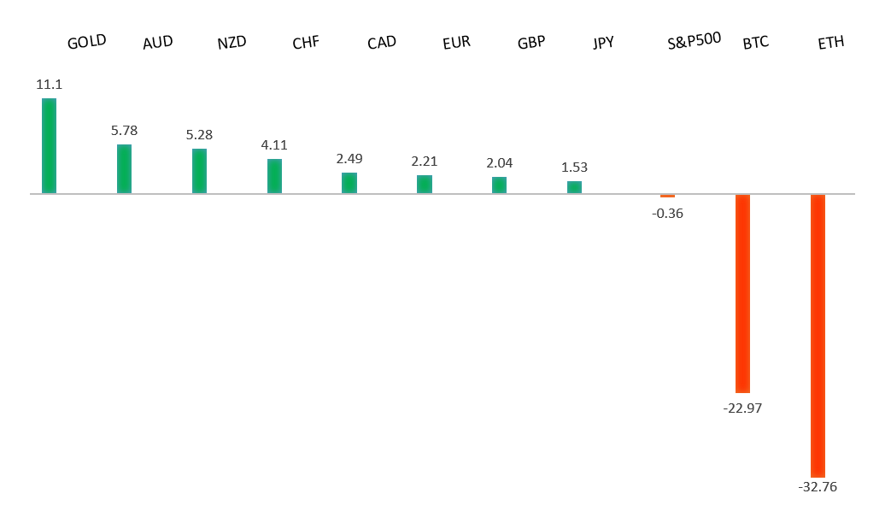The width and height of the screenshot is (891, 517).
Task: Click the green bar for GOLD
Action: coord(49,146)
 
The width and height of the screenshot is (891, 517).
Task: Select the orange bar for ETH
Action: coord(818,335)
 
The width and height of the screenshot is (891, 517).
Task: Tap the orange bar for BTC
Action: coord(742,293)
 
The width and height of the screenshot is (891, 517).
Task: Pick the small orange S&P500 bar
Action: coord(667,196)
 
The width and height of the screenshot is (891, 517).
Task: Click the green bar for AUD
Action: coord(124,169)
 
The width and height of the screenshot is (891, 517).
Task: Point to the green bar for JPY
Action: coord(574,187)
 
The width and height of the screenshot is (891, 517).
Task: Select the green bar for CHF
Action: coord(274,176)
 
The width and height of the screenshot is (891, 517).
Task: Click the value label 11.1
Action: coord(49,85)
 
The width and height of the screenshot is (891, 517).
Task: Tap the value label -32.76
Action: coord(818,487)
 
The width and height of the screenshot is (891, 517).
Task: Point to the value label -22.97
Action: coord(742,408)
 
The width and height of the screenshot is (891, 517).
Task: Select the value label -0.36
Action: coord(667,213)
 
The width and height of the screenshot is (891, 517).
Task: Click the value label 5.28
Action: coord(199,135)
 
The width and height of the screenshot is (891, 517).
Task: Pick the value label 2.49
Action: coord(349,159)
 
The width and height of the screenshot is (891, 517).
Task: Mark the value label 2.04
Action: coord(499,162)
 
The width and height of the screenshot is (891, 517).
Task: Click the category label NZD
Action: coord(232,43)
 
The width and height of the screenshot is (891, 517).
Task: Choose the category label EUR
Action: coord(456,43)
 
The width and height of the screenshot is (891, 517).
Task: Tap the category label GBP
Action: coord(531,43)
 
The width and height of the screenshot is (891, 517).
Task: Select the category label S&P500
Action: coord(694,40)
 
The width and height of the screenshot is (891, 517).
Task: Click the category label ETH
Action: coord(830,43)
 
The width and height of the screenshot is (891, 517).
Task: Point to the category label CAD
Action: coord(381,43)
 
